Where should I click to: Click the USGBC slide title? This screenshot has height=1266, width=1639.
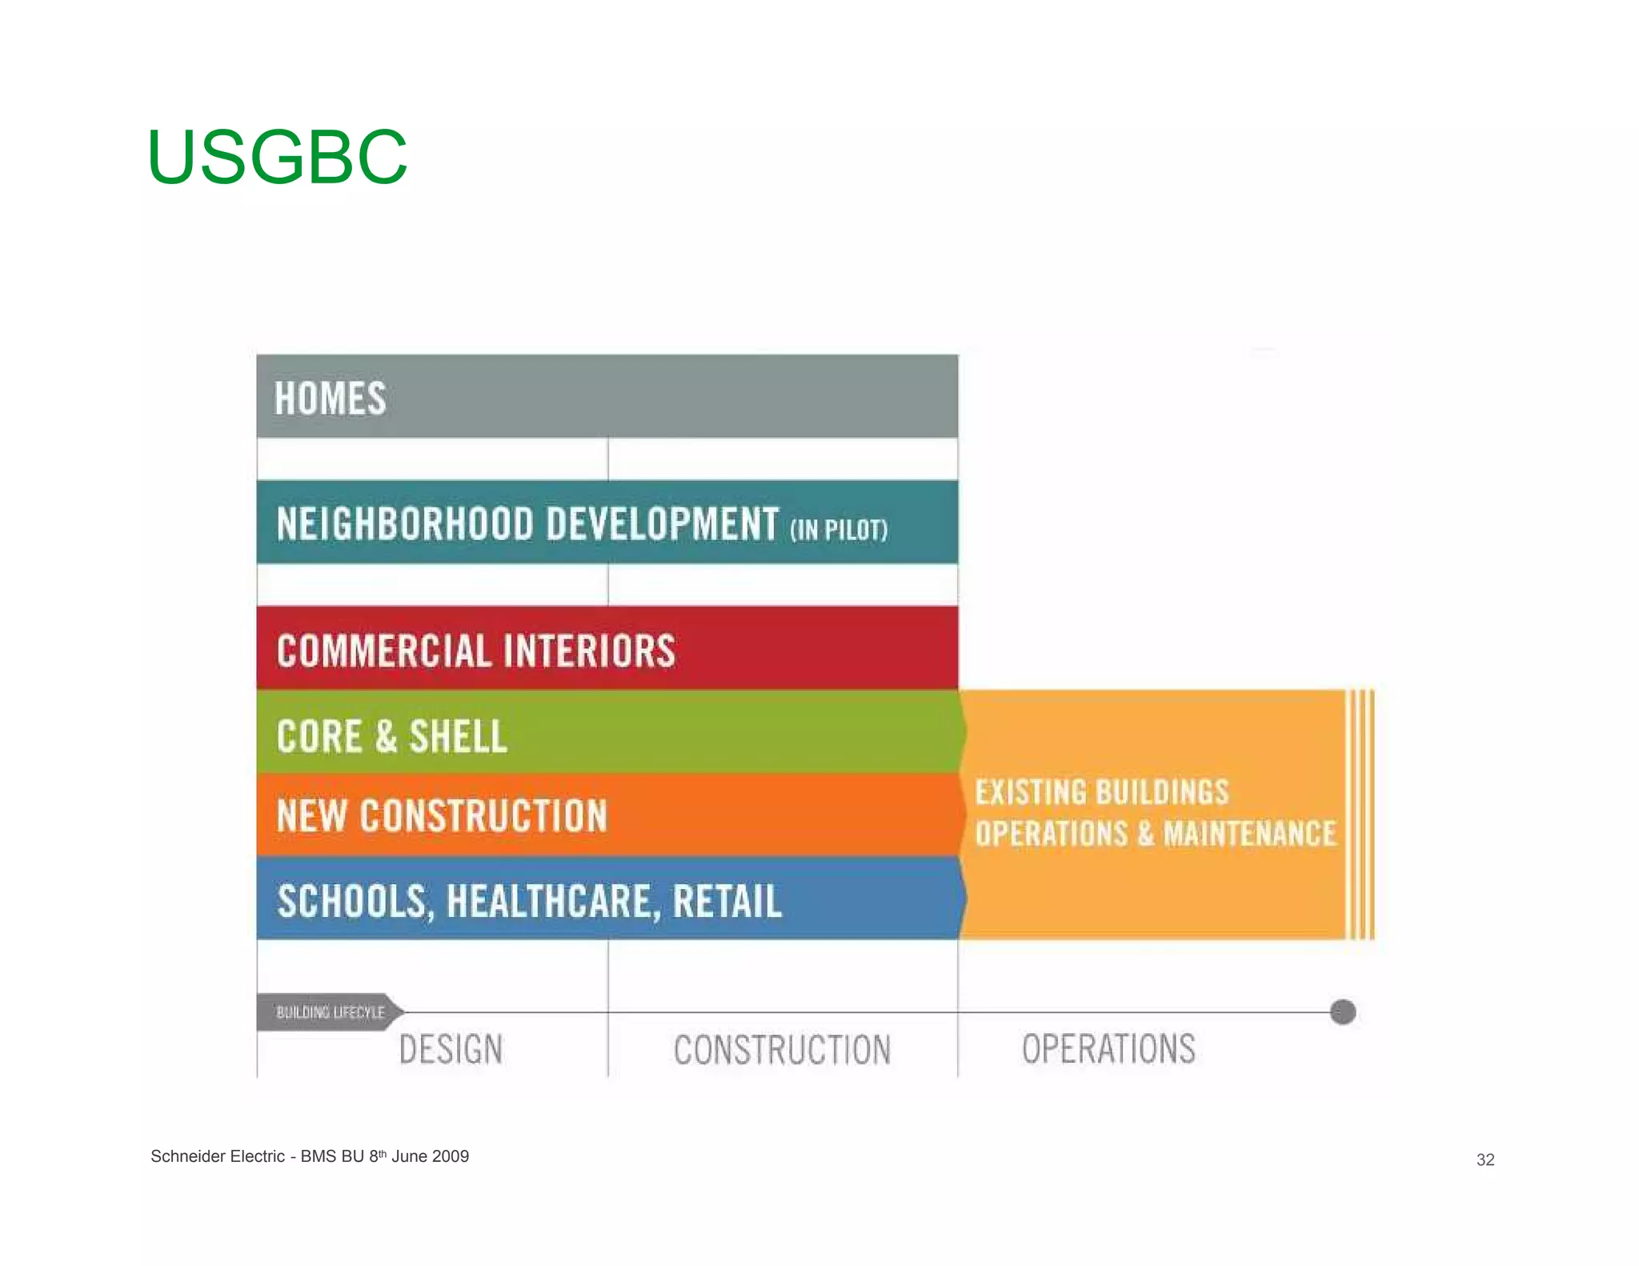(277, 157)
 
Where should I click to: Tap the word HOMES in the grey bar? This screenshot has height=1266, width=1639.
(330, 399)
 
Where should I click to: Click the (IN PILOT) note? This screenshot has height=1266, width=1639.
(839, 530)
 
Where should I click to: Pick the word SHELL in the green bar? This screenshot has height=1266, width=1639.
(459, 736)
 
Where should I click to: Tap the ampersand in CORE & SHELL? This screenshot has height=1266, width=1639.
(386, 736)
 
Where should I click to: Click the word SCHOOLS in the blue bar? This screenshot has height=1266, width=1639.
(352, 902)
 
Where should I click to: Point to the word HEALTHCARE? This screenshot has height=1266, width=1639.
(552, 902)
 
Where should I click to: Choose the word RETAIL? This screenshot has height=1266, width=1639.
(727, 902)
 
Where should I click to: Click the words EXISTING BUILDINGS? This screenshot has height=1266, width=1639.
(1101, 792)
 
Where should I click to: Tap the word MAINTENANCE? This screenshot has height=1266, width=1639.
(1249, 834)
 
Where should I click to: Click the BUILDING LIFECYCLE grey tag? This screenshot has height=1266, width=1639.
(330, 1012)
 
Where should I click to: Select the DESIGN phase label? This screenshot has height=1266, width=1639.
(451, 1049)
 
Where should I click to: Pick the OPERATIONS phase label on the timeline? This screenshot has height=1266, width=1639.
(1108, 1049)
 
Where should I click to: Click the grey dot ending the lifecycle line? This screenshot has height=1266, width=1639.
(1343, 1012)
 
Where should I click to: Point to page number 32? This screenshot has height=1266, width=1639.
(1485, 1160)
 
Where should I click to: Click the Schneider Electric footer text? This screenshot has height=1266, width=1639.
(310, 1156)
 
